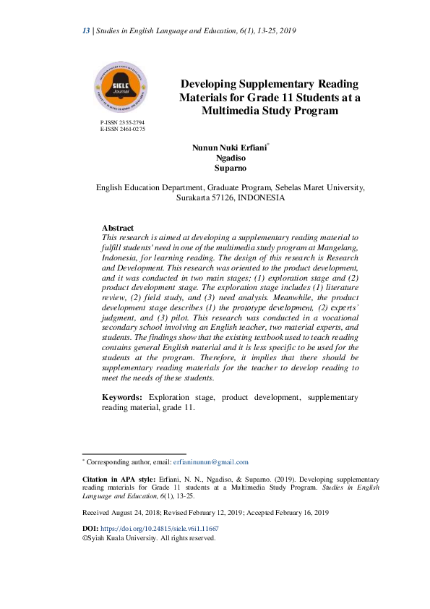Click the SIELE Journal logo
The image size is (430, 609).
click(x=121, y=89)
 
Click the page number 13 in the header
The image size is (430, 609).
click(x=85, y=30)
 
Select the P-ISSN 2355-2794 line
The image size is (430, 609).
click(x=122, y=123)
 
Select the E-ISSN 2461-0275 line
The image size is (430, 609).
click(x=122, y=129)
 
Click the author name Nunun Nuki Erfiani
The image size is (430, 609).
click(x=229, y=148)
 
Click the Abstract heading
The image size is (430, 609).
click(x=118, y=228)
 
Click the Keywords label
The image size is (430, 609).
click(x=123, y=398)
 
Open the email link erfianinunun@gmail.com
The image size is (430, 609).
click(x=211, y=461)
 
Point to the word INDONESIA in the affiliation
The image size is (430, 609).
click(x=262, y=197)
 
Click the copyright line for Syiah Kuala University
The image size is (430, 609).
click(x=149, y=538)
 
